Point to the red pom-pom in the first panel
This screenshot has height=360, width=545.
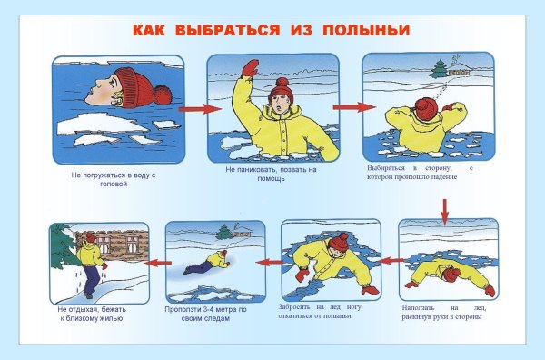tap(163, 95)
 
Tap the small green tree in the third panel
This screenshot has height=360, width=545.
tap(440, 67)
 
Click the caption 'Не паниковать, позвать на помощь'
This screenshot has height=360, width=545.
tap(270, 173)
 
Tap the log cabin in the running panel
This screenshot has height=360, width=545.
tap(123, 246)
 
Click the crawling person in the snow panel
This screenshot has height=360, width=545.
tap(209, 265)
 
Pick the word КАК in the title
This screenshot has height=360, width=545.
tap(151, 30)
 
